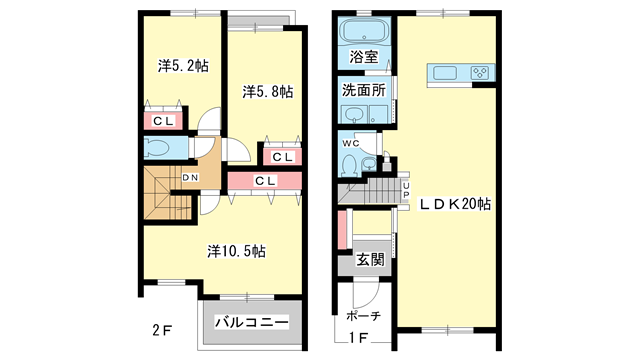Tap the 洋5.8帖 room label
(267, 92)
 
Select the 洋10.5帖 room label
(236, 249)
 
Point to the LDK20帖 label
(455, 204)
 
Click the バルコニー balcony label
(251, 322)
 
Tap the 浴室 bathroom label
(363, 58)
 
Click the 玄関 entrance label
(369, 260)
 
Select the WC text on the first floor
(350, 143)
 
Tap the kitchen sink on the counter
(445, 72)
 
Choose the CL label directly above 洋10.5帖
(265, 181)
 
